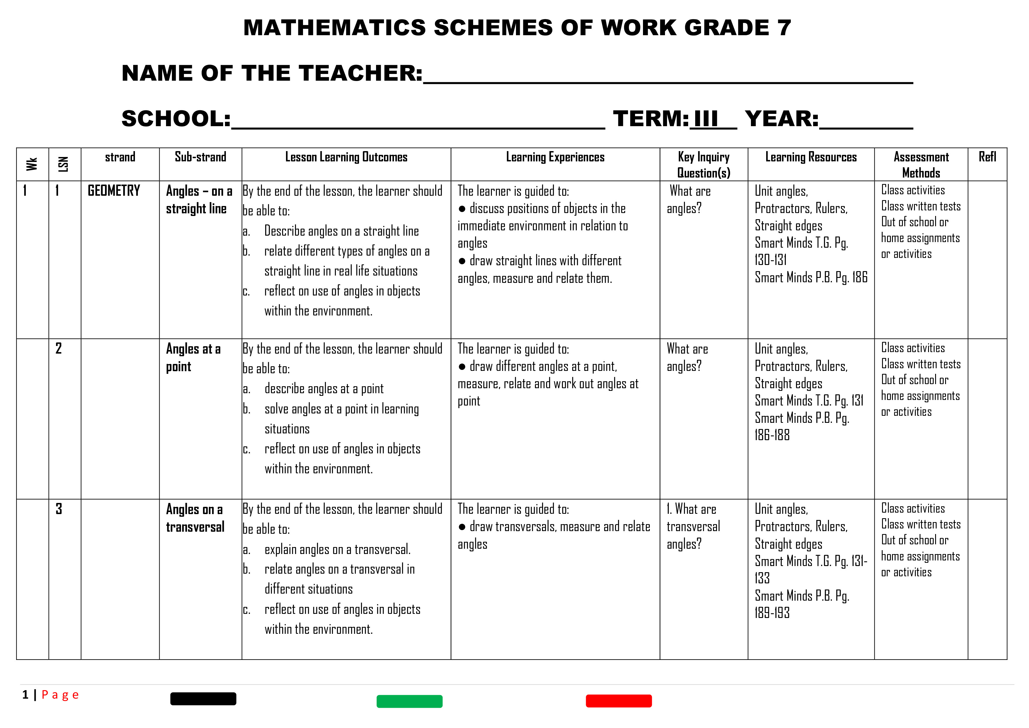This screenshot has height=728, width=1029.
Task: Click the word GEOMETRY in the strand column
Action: (114, 191)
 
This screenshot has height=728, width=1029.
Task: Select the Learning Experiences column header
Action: (555, 157)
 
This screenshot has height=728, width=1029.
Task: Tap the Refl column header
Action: (987, 157)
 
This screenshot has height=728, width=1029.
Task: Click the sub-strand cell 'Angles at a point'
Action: (193, 357)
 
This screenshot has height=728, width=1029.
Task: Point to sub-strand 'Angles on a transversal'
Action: (195, 518)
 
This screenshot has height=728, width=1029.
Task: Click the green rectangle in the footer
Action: (409, 701)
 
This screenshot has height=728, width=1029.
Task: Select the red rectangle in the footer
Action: (618, 701)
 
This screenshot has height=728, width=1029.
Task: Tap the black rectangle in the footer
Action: (203, 698)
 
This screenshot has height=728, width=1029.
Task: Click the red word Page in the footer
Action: (60, 695)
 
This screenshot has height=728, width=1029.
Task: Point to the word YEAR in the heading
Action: (781, 119)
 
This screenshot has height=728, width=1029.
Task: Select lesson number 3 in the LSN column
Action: (59, 509)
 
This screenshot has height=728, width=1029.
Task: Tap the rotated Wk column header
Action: (32, 164)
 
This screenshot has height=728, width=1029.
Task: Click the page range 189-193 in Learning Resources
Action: (772, 613)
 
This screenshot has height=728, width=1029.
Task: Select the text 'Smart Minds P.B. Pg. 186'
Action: (811, 278)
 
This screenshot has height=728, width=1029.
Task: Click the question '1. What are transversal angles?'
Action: (693, 526)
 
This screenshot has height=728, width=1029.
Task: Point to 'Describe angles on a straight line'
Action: (341, 231)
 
